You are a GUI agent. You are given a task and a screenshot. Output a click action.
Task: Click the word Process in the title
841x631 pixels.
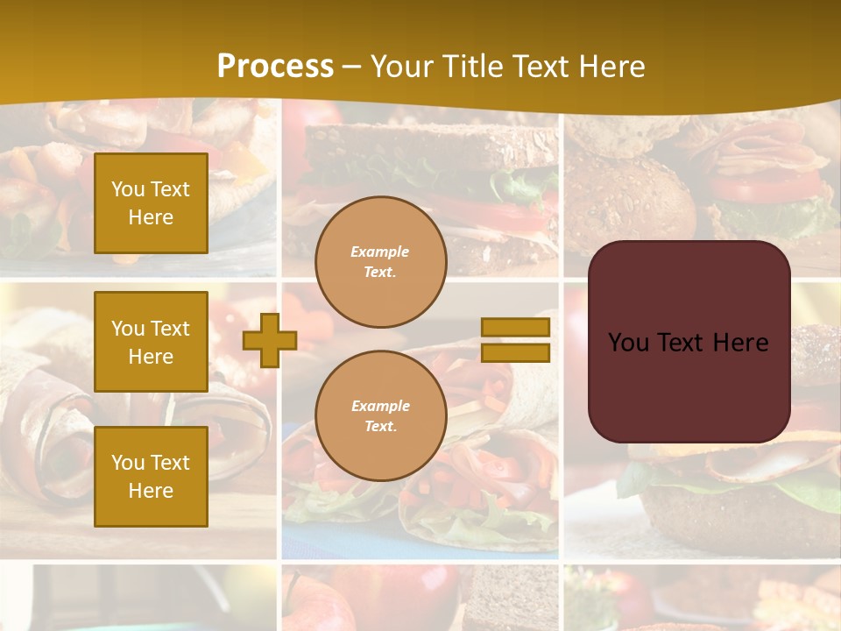point(275,67)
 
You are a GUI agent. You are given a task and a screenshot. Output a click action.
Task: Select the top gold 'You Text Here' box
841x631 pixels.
point(151,203)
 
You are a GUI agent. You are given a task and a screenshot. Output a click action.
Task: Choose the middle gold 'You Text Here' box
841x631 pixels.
point(151,342)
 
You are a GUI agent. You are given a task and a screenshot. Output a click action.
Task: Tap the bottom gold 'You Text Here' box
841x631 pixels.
point(151,477)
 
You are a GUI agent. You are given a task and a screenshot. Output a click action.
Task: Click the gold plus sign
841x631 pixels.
point(270,340)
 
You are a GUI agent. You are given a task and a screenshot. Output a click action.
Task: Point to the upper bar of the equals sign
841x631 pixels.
point(515,328)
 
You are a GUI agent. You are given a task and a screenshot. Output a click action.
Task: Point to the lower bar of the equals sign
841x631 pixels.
point(515,353)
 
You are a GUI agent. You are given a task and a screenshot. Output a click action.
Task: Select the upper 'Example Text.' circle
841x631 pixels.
point(380,261)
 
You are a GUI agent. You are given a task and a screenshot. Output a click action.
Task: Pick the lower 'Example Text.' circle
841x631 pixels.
point(380,415)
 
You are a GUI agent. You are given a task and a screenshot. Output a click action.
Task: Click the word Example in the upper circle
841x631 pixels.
point(380,252)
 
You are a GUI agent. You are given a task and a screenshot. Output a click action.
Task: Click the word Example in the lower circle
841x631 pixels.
point(380,406)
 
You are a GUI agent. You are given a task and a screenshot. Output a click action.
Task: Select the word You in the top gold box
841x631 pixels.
point(128,189)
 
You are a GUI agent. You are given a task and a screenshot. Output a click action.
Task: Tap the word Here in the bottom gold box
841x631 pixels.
point(151,491)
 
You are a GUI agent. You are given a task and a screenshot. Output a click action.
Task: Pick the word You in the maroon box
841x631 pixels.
point(628,343)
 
